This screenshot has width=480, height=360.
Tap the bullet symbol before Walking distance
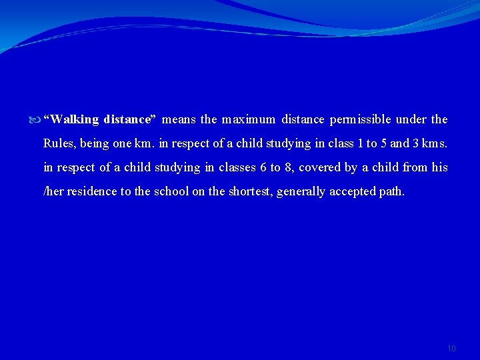(36, 120)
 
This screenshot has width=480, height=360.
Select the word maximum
(249, 120)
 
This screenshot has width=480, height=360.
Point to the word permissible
(360, 120)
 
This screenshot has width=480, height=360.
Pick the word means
(179, 120)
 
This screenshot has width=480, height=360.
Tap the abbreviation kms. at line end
(435, 143)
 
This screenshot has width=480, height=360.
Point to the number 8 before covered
(287, 167)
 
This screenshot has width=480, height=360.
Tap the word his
(439, 167)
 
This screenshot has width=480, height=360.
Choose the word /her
(54, 191)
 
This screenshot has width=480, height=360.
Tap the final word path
(391, 191)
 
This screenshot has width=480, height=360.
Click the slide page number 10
(451, 349)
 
